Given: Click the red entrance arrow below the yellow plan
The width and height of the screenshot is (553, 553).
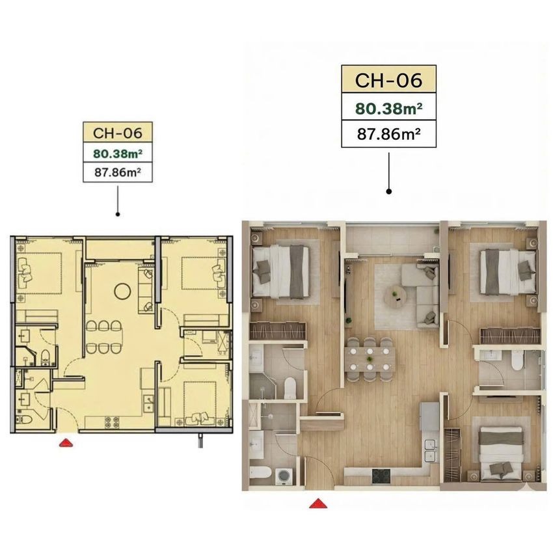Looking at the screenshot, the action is pos(66,443).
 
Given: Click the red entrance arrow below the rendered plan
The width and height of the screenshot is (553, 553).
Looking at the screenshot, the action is pos(318,504).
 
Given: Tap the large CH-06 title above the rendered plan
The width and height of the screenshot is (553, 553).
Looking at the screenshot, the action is pos(388,80).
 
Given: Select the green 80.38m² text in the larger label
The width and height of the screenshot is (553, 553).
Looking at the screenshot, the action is pos(388,109).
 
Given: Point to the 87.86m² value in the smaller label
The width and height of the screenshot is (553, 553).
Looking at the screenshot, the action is pos(118,172).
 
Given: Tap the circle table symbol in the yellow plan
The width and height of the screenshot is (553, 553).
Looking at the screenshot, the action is pos(123,291).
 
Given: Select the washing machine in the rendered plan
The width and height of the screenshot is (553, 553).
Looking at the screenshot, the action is pos(284,476).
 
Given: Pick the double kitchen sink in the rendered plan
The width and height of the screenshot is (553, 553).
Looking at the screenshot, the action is pos(430,451).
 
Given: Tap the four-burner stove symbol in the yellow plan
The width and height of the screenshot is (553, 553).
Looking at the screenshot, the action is pos(112,423).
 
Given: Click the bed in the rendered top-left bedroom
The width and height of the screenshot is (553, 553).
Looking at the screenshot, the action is pos(281,271).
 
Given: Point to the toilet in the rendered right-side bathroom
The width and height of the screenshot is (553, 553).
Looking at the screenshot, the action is pos(517,362).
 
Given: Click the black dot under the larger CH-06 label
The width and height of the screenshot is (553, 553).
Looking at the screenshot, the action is pos(388,191).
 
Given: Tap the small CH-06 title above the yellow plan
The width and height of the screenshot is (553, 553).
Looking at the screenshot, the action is pos(118,133).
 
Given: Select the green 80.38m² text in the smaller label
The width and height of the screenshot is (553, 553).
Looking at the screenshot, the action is pos(118,154).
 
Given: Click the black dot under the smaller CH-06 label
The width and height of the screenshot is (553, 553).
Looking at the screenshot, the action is pos(118,214).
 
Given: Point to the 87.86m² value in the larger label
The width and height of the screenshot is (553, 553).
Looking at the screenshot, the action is pos(388,134).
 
